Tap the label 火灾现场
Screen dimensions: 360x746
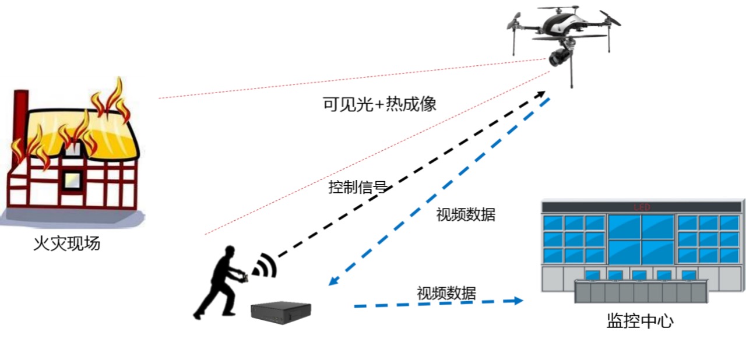[67, 243]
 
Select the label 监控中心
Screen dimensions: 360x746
[640, 321]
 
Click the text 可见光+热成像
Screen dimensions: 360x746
[379, 105]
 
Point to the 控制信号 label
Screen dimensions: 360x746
[357, 188]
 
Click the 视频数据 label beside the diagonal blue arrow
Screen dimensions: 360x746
[466, 214]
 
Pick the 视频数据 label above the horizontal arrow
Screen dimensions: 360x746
[446, 293]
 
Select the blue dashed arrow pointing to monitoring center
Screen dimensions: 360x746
[437, 303]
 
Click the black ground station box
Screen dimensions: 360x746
[280, 313]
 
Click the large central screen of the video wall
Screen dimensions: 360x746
[641, 239]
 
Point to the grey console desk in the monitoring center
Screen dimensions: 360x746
[641, 291]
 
